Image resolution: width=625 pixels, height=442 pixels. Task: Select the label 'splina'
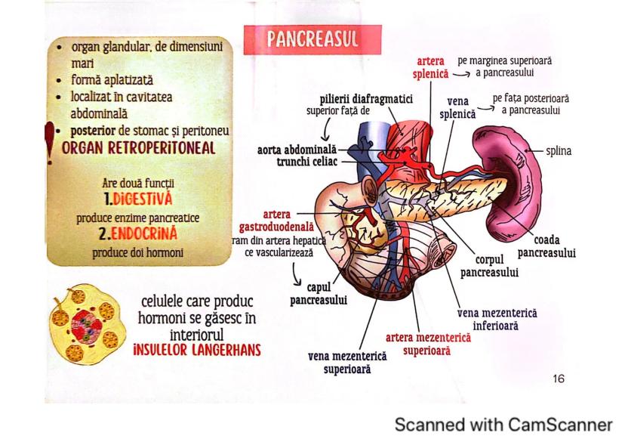tap(559, 151)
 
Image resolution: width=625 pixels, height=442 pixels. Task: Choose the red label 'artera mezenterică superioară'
tap(428, 343)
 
